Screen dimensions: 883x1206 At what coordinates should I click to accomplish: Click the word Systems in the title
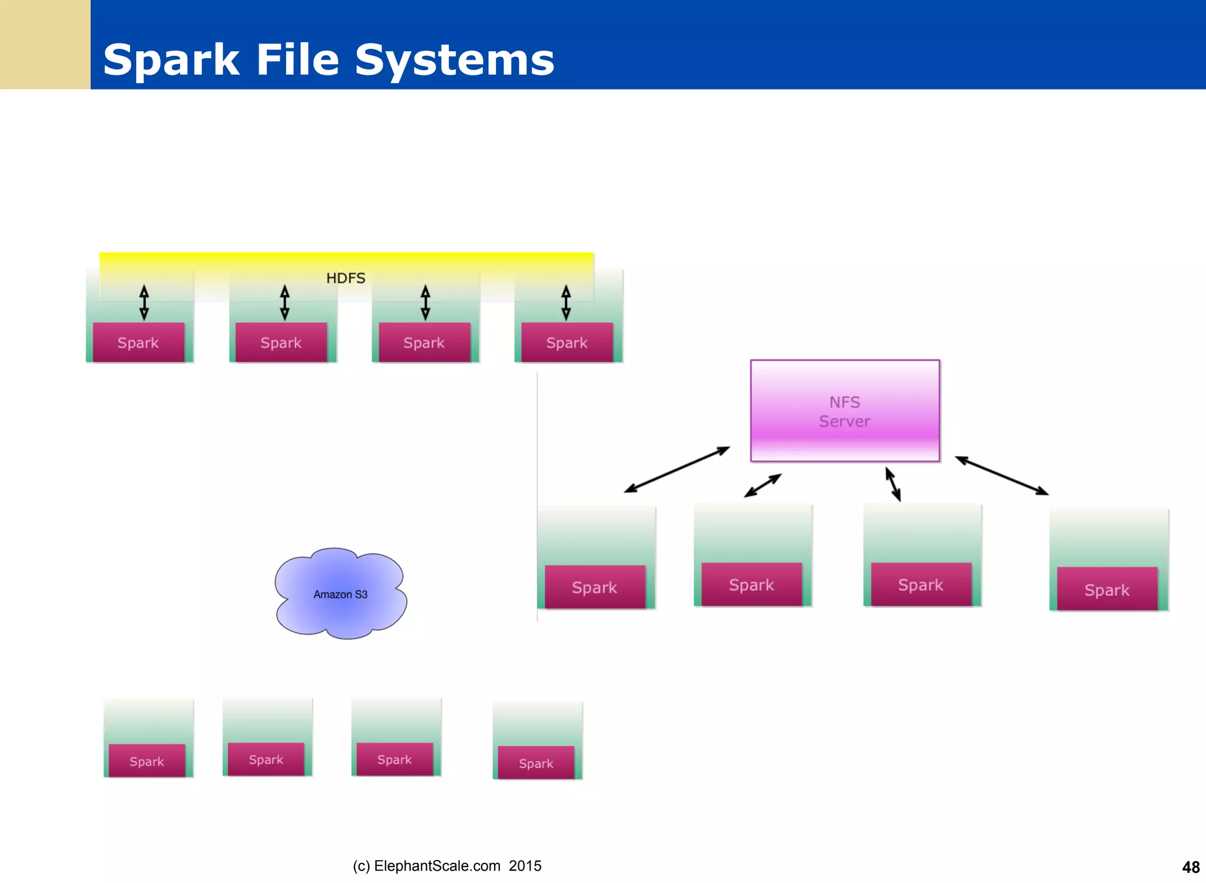pos(454,60)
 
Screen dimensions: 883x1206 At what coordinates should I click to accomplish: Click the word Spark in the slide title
pos(171,60)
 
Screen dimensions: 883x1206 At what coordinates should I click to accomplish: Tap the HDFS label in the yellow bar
pos(346,278)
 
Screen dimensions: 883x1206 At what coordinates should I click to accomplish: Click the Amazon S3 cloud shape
pos(340,594)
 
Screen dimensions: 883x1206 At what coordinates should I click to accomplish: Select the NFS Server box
pos(844,411)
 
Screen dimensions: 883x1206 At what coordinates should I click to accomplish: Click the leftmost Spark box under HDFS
pos(138,342)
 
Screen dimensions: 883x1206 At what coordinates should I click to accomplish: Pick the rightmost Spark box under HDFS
pos(566,342)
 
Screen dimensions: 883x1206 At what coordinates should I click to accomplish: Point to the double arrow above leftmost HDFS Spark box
pos(144,302)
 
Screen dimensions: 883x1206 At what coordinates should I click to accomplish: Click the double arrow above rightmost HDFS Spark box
pos(566,302)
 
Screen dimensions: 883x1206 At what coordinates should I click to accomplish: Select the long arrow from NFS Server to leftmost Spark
pos(677,469)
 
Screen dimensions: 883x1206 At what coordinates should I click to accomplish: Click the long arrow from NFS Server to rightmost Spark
pos(1002,475)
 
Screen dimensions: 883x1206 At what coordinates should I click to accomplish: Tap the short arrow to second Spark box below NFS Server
pos(763,485)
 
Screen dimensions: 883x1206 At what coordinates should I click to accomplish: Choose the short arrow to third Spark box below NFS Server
pos(893,484)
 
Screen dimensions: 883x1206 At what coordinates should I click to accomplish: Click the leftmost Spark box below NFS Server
pos(595,587)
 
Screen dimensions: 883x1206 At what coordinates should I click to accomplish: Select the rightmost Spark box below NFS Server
pos(1106,589)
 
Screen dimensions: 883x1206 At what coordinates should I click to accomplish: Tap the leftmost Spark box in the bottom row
pos(147,761)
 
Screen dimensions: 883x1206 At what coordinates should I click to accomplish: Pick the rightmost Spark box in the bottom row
pos(536,763)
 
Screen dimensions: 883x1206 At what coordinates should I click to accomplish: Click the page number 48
pos(1190,867)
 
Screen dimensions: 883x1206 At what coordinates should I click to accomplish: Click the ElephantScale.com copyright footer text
pos(447,865)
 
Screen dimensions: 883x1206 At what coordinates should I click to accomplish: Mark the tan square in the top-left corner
pos(45,44)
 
